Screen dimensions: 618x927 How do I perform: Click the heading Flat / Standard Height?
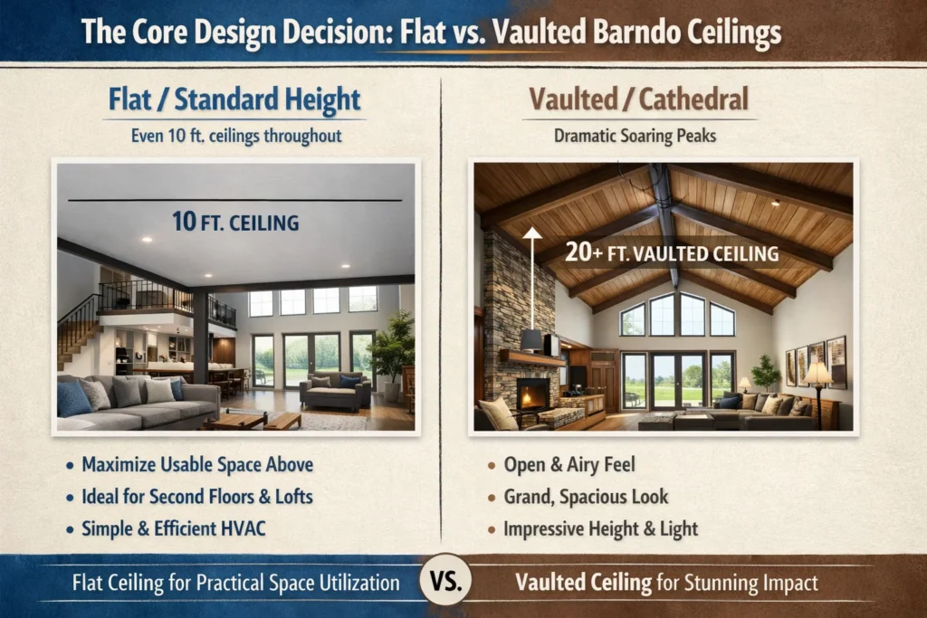pyautogui.click(x=235, y=100)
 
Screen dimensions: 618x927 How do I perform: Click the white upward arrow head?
pyautogui.click(x=532, y=234)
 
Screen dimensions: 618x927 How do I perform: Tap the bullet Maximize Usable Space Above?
pyautogui.click(x=197, y=465)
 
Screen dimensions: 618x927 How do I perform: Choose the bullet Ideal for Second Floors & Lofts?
pyautogui.click(x=201, y=497)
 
